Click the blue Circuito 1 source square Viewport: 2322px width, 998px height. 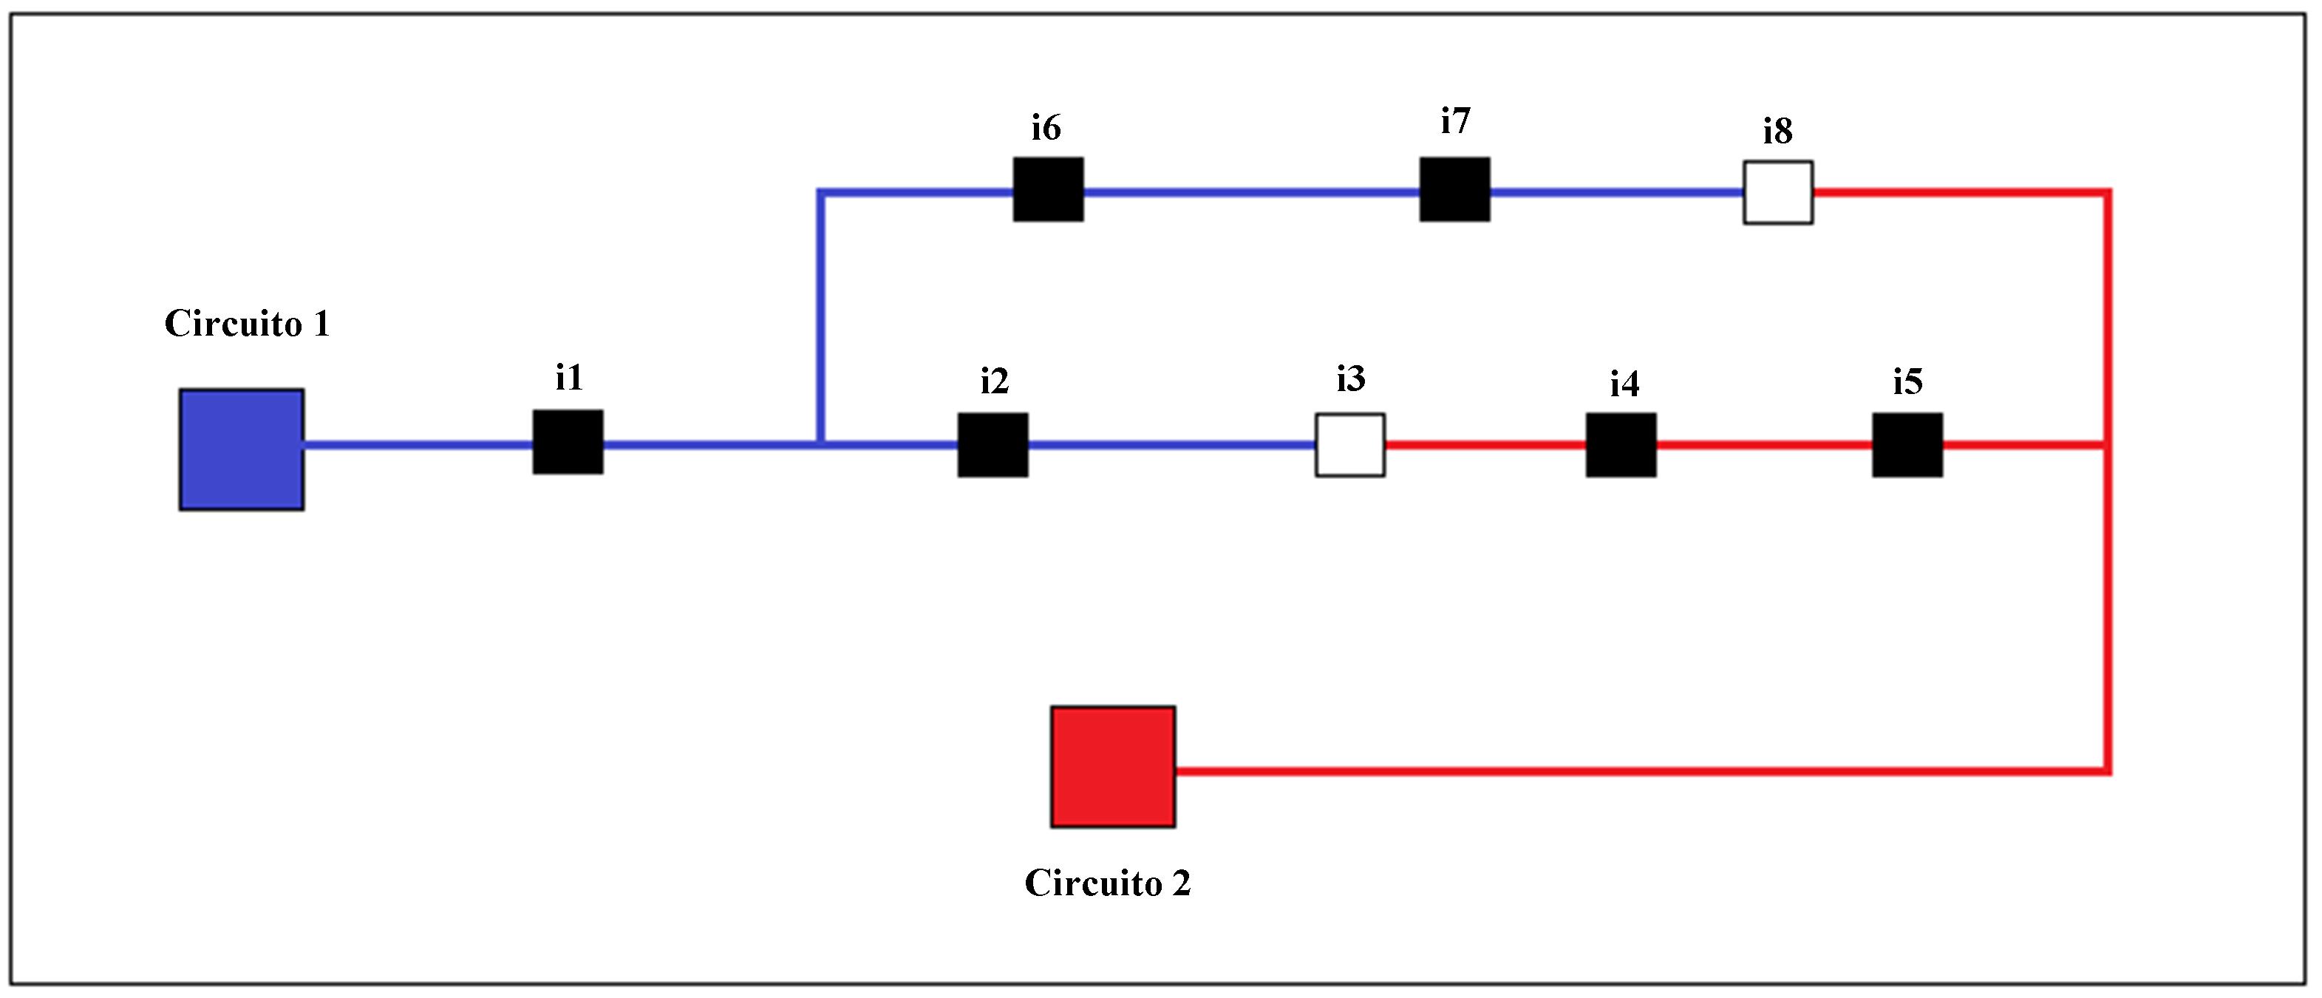coord(242,449)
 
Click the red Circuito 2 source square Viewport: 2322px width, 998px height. coord(1112,767)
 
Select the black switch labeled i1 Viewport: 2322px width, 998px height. coord(568,442)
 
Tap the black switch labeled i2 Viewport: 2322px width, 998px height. coord(993,444)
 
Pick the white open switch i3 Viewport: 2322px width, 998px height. coord(1349,444)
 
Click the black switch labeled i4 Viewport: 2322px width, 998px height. coord(1621,444)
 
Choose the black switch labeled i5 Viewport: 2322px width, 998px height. coord(1907,444)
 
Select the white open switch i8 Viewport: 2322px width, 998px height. coord(1777,192)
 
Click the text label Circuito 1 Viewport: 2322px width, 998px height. coord(247,324)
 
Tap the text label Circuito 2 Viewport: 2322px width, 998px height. coord(1108,883)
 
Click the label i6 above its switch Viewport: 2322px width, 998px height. coord(1046,128)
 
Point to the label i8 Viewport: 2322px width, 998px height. coord(1777,132)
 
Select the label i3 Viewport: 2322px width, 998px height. coord(1350,379)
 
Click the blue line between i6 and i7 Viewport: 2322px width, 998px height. coord(1251,191)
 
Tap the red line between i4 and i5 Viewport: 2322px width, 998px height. coord(1764,444)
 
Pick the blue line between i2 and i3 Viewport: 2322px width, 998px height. coord(1172,444)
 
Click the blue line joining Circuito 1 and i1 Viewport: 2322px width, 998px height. coord(418,444)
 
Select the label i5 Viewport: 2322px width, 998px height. coord(1907,381)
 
